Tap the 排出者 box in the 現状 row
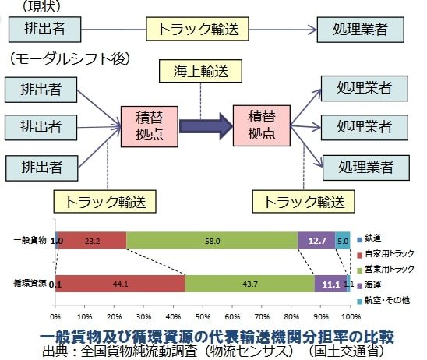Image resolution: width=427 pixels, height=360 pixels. point(44,30)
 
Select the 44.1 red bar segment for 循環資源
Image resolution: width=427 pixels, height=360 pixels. point(120,284)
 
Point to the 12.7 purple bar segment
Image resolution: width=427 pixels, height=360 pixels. point(316,242)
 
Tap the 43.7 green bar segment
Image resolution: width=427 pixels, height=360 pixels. point(250,284)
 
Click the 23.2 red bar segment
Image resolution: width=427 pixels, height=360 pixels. point(92,242)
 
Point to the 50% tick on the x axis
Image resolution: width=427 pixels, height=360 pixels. point(203,317)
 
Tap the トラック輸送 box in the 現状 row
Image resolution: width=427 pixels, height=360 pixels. point(198,30)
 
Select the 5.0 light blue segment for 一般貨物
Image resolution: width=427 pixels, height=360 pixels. point(342,242)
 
